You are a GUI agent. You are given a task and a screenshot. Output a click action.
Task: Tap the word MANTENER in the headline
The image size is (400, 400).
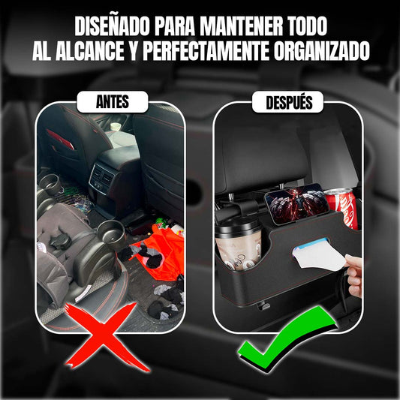click(241, 26)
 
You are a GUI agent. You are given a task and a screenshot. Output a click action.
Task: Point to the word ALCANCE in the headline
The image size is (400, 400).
click(89, 51)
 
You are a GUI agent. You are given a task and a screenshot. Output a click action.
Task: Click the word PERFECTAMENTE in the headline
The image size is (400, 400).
click(206, 51)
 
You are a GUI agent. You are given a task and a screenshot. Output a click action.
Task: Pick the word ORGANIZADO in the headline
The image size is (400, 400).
click(322, 51)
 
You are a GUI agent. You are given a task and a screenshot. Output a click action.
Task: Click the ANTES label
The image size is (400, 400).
click(113, 102)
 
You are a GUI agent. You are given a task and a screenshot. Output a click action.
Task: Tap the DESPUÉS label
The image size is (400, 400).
click(289, 102)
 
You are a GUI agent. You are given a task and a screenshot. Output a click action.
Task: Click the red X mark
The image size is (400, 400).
click(104, 337)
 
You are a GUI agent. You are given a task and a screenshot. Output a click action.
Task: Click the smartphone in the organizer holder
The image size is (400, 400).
click(296, 203)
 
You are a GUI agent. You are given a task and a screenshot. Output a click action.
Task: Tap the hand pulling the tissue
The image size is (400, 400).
click(354, 275)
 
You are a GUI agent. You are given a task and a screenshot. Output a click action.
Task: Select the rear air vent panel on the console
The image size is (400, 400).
click(102, 178)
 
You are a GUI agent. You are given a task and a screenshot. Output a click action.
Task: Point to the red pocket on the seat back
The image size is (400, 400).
click(60, 139)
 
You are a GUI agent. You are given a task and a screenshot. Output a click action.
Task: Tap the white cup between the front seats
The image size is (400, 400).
click(116, 127)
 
